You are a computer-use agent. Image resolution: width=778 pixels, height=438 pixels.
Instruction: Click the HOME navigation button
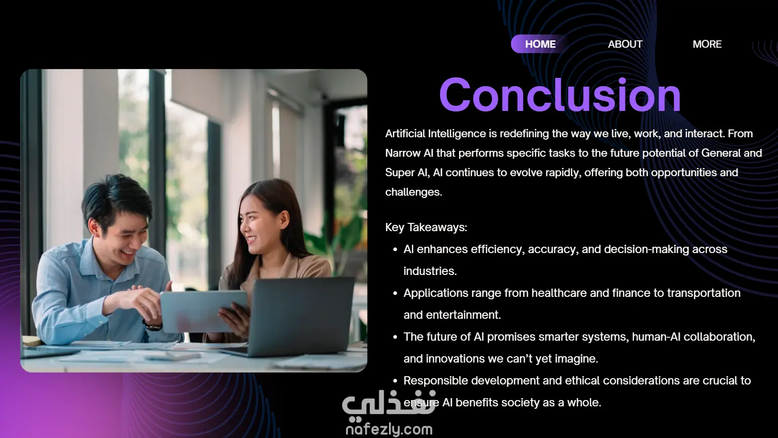tap(540, 44)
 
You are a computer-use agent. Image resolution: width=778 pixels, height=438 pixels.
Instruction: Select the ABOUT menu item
tap(625, 44)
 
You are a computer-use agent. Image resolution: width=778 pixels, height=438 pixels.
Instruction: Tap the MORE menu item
tap(707, 44)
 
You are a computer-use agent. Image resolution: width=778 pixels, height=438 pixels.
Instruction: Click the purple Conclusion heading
tap(560, 95)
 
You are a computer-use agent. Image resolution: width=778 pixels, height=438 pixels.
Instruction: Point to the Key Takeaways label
tap(426, 227)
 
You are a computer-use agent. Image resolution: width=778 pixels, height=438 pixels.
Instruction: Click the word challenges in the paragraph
tap(414, 192)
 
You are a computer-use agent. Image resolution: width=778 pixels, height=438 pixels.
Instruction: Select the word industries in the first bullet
tap(430, 271)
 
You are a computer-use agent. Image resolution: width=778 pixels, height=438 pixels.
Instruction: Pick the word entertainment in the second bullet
tap(463, 314)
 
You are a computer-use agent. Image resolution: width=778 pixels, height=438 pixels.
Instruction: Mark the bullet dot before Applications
tap(395, 293)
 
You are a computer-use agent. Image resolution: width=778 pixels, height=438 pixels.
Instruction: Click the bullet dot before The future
tap(395, 337)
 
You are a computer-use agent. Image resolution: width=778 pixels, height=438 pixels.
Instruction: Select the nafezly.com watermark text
tap(389, 429)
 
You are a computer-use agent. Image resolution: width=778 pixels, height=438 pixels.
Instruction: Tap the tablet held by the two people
tap(204, 311)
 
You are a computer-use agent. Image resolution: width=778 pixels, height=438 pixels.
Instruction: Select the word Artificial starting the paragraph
tap(405, 133)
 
